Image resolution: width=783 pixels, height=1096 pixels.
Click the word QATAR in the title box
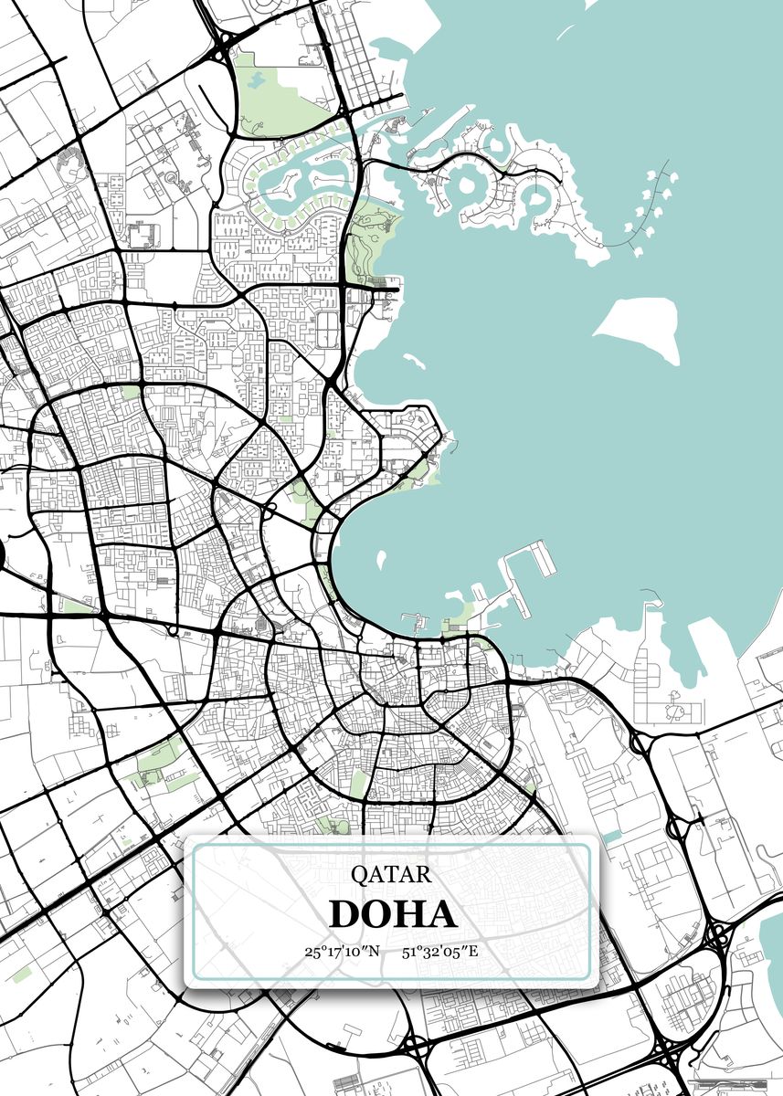coord(390,874)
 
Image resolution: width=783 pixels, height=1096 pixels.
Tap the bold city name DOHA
coord(392,914)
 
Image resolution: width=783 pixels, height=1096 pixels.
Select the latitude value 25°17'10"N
coord(342,952)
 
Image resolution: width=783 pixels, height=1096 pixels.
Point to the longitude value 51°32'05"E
coord(440,952)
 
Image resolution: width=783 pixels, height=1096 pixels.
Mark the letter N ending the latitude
coord(374,952)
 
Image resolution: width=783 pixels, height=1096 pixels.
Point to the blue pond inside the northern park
coord(255,80)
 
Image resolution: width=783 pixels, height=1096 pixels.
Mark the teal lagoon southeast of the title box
coord(769,950)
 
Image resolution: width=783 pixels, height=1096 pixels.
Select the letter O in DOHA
coord(376,914)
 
